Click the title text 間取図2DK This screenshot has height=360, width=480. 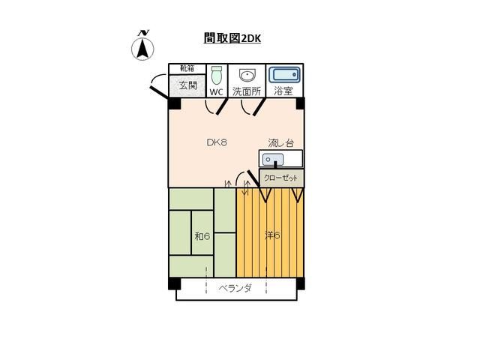pyautogui.click(x=232, y=37)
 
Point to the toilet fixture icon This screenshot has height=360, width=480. pyautogui.click(x=217, y=76)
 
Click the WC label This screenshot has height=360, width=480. pyautogui.click(x=217, y=92)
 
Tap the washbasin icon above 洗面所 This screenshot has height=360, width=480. pyautogui.click(x=247, y=75)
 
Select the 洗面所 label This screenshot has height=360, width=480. pyautogui.click(x=246, y=92)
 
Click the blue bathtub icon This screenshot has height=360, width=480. pyautogui.click(x=285, y=76)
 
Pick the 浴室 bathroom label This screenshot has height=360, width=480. pyautogui.click(x=283, y=92)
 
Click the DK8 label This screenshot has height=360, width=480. pyautogui.click(x=217, y=142)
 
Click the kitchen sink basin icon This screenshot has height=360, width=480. pyautogui.click(x=273, y=160)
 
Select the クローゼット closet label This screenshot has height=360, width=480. pyautogui.click(x=282, y=178)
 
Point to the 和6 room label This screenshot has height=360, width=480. pyautogui.click(x=202, y=235)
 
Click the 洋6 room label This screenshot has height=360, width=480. pyautogui.click(x=272, y=235)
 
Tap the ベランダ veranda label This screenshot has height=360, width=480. pyautogui.click(x=235, y=288)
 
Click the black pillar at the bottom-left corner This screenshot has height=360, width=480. pyautogui.click(x=174, y=283)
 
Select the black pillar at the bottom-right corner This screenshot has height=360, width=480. pyautogui.click(x=300, y=283)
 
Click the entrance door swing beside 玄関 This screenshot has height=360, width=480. pyautogui.click(x=158, y=85)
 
